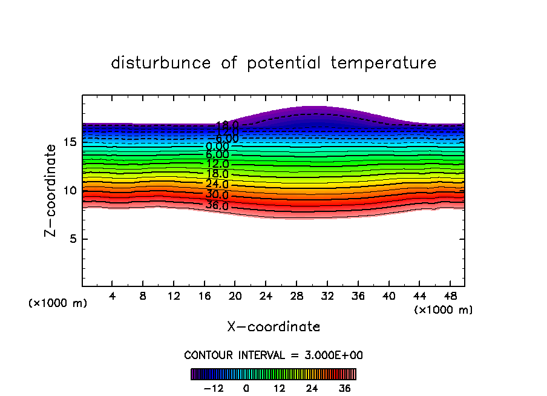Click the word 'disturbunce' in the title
coord(161,63)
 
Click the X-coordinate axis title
coord(273,327)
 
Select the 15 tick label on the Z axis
coord(69,142)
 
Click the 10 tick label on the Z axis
coord(69,190)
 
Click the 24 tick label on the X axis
coord(266,296)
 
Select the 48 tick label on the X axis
coord(450,296)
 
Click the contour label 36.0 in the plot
coord(217,206)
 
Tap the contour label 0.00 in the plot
coord(217,146)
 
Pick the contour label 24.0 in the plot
coord(217,184)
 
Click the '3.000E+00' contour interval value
coord(327,355)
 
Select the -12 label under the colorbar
coord(214,388)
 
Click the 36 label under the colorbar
coord(344,388)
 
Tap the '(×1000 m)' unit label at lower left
coord(58,303)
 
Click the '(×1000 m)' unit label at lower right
coord(444,310)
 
